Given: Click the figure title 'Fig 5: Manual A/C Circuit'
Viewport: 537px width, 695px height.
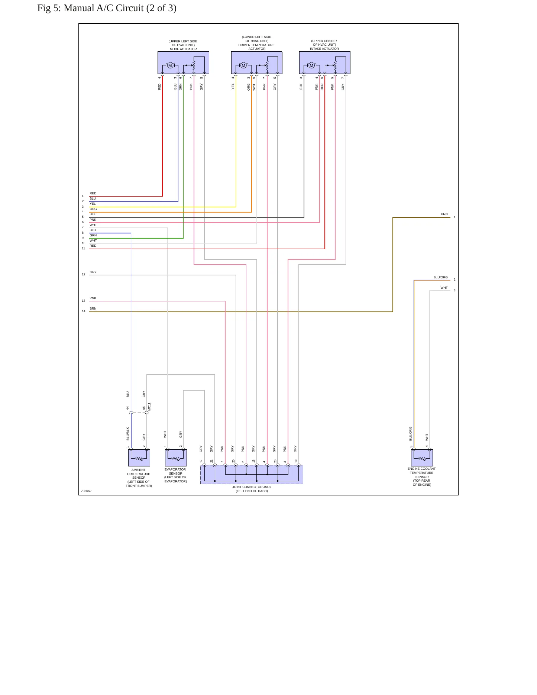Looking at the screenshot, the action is (x=107, y=8).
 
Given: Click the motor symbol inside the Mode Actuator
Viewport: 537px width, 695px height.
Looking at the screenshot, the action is (x=170, y=65).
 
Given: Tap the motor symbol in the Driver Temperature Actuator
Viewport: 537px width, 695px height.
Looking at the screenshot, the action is (x=244, y=65).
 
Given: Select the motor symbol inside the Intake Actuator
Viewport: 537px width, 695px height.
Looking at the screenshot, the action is (x=312, y=65).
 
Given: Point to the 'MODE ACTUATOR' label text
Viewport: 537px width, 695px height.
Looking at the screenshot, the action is (x=183, y=49).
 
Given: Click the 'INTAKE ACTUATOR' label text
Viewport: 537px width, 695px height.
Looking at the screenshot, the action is (x=324, y=49).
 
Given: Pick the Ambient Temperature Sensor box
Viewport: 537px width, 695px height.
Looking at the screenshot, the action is (x=139, y=458).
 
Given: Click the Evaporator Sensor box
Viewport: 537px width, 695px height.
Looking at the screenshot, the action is (x=176, y=458).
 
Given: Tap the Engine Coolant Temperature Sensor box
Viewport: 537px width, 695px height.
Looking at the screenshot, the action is (x=422, y=458).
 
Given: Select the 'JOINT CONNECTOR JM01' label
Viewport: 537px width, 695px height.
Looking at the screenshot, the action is (x=252, y=487).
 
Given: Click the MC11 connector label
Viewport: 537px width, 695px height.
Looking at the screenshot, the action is (x=149, y=407).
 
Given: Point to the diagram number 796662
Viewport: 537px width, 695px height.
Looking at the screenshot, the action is (x=86, y=491).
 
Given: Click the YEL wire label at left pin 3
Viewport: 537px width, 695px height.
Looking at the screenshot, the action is (x=93, y=204).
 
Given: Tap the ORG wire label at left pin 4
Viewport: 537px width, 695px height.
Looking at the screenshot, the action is (x=93, y=209).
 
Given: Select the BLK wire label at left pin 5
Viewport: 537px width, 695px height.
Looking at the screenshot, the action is (x=93, y=214).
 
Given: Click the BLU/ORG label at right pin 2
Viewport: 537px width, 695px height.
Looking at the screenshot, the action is (x=440, y=277).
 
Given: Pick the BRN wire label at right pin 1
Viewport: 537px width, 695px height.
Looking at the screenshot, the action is (x=444, y=214).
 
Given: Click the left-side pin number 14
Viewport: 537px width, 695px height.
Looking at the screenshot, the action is (x=84, y=311).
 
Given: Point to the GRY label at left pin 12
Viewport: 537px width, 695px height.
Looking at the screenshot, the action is (x=93, y=272).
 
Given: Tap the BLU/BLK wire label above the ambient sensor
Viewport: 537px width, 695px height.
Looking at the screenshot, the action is (x=128, y=434).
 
